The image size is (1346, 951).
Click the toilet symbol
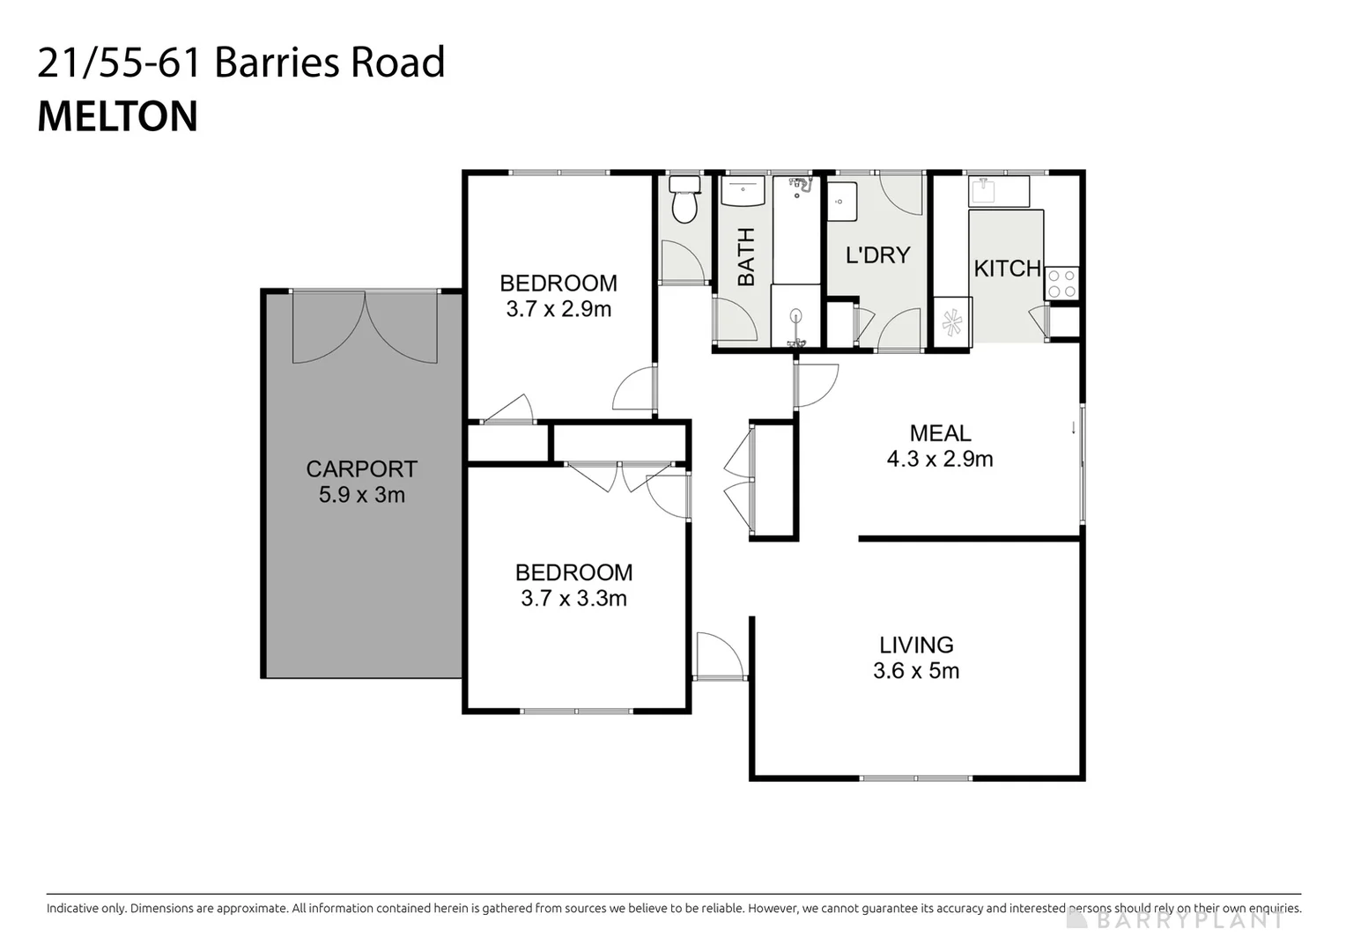point(684,202)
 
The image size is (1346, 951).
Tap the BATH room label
point(746,257)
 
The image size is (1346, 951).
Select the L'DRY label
point(877,255)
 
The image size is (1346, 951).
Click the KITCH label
point(1007,269)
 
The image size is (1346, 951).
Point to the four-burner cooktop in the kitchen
point(1061,284)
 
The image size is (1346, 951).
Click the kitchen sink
point(998,191)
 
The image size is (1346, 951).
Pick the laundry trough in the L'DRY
point(842,202)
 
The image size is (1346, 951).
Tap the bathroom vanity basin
point(743,190)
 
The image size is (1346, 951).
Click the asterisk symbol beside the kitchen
point(952,323)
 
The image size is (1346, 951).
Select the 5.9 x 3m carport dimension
point(361,495)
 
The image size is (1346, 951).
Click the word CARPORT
point(361,469)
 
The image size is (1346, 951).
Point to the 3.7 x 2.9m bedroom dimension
point(558,309)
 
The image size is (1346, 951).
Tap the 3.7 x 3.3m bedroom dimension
point(573,599)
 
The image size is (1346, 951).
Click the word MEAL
point(940,433)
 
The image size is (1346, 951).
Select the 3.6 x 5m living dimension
point(916,671)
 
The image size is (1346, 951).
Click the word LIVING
point(916,645)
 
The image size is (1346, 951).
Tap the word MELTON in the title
point(118,117)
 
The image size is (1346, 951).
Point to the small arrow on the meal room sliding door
point(1073,428)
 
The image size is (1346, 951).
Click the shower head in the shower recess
point(801,184)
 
